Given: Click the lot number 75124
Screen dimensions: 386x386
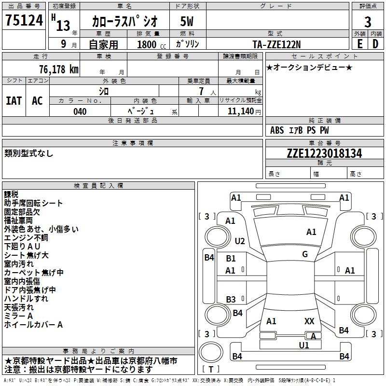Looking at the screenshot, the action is [24, 21].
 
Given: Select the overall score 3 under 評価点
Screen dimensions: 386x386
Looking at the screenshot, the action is [368, 22].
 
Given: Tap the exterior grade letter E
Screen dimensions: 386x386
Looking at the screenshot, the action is [359, 43].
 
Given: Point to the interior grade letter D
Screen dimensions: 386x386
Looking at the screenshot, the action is [375, 43].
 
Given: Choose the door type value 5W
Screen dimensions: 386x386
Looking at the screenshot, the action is [187, 22].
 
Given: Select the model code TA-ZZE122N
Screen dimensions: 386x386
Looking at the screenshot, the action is [276, 44].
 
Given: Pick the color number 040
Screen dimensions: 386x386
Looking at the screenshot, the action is [80, 111].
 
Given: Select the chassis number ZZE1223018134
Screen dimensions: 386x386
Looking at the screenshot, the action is [324, 153].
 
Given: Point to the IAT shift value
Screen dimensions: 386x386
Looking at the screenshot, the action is [14, 100].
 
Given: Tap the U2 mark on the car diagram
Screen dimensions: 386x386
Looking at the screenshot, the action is [240, 241].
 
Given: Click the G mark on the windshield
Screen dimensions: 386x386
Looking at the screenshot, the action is [305, 254].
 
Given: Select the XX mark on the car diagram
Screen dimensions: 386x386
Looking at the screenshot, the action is [309, 321].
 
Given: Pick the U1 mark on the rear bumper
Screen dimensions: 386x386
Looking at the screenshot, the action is [304, 345].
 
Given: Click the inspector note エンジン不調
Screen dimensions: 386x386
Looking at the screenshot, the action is [26, 237].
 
